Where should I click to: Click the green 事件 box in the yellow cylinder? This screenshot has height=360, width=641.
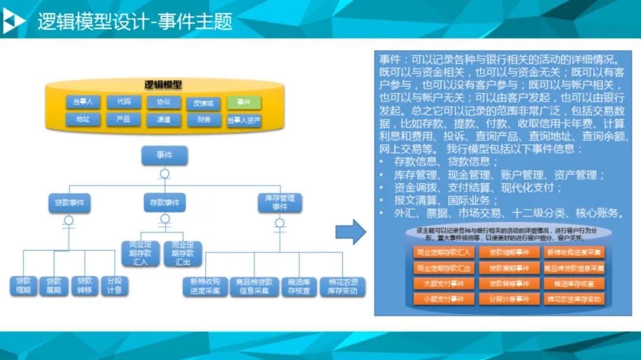pos(244,103)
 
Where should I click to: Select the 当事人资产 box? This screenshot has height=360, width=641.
pos(244,120)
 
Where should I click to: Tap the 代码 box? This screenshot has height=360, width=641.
pos(123,102)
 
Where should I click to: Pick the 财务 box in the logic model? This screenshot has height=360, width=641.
pos(204,120)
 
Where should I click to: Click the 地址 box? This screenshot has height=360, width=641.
pos(82,119)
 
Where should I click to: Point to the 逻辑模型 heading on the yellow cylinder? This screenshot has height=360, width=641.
pos(163,85)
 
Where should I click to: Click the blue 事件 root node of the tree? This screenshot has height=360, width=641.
pos(164,155)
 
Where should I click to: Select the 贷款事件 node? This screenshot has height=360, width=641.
pos(69,203)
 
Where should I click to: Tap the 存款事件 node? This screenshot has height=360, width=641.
pos(164,203)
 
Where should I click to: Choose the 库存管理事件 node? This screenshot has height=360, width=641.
pos(280,203)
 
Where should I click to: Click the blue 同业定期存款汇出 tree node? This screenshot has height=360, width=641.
pos(183,253)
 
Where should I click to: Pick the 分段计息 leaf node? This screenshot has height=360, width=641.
pos(115,286)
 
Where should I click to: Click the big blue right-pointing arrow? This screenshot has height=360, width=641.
pos(351,231)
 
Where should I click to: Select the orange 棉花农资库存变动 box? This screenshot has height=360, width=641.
pos(574,299)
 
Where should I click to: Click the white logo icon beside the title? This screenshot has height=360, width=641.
pos(14,21)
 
